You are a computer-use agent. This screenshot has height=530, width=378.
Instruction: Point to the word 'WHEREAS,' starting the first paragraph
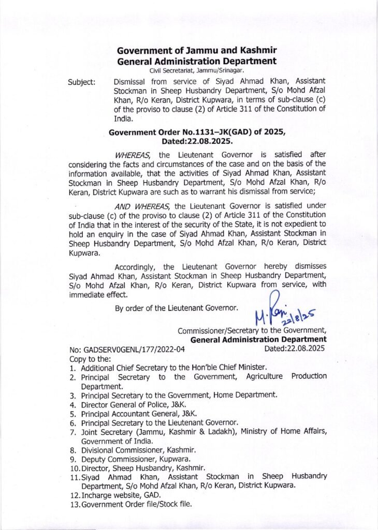[x=132, y=155]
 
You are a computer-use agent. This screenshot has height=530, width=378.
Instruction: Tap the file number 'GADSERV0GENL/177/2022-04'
[x=127, y=349]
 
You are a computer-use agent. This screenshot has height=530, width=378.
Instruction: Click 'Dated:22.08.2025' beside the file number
[x=294, y=348]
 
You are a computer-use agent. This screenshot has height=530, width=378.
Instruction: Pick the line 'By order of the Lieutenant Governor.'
[x=177, y=308]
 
